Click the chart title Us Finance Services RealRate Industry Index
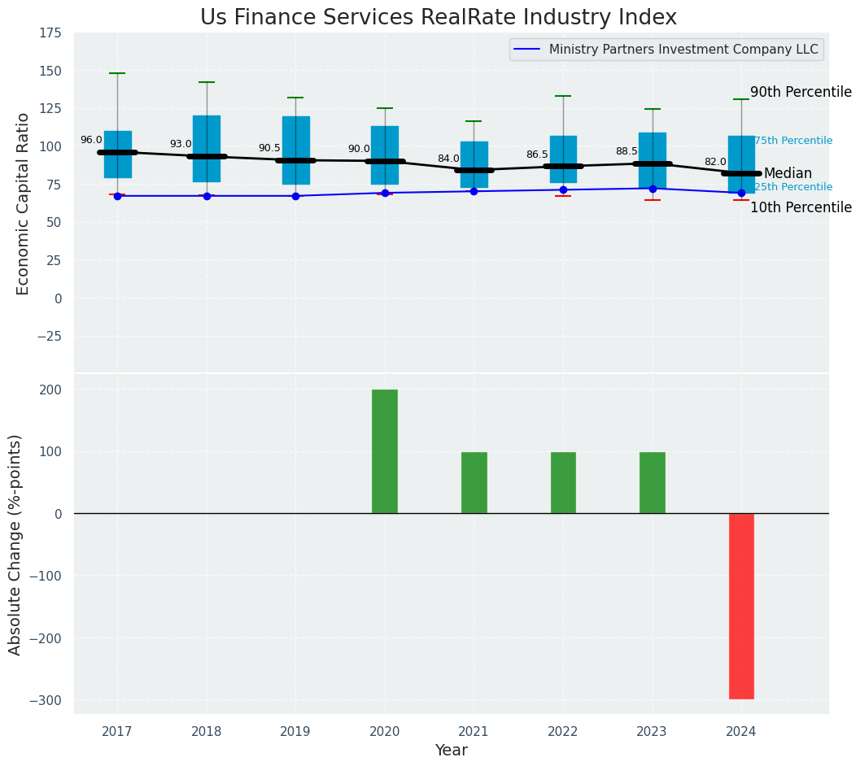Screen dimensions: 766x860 [x=438, y=17]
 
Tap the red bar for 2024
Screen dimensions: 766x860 [x=741, y=606]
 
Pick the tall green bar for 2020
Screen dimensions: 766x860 [x=385, y=451]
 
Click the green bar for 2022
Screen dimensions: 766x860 [x=563, y=482]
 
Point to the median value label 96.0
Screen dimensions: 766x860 [x=91, y=140]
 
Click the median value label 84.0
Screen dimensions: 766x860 [x=448, y=159]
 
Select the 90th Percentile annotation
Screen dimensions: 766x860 [x=800, y=93]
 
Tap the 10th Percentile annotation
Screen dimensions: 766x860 [x=800, y=207]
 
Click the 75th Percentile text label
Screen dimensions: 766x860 [x=793, y=141]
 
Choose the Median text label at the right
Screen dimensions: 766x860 [x=788, y=173]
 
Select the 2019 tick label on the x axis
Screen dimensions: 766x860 [x=295, y=732]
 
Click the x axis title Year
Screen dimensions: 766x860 [x=451, y=751]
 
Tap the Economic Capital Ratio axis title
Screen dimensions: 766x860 [x=24, y=203]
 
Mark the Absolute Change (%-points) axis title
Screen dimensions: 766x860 [x=15, y=545]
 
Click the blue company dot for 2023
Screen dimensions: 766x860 [x=653, y=189]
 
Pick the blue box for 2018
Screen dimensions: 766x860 [x=207, y=149]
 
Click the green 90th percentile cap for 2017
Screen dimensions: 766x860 [x=117, y=73]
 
